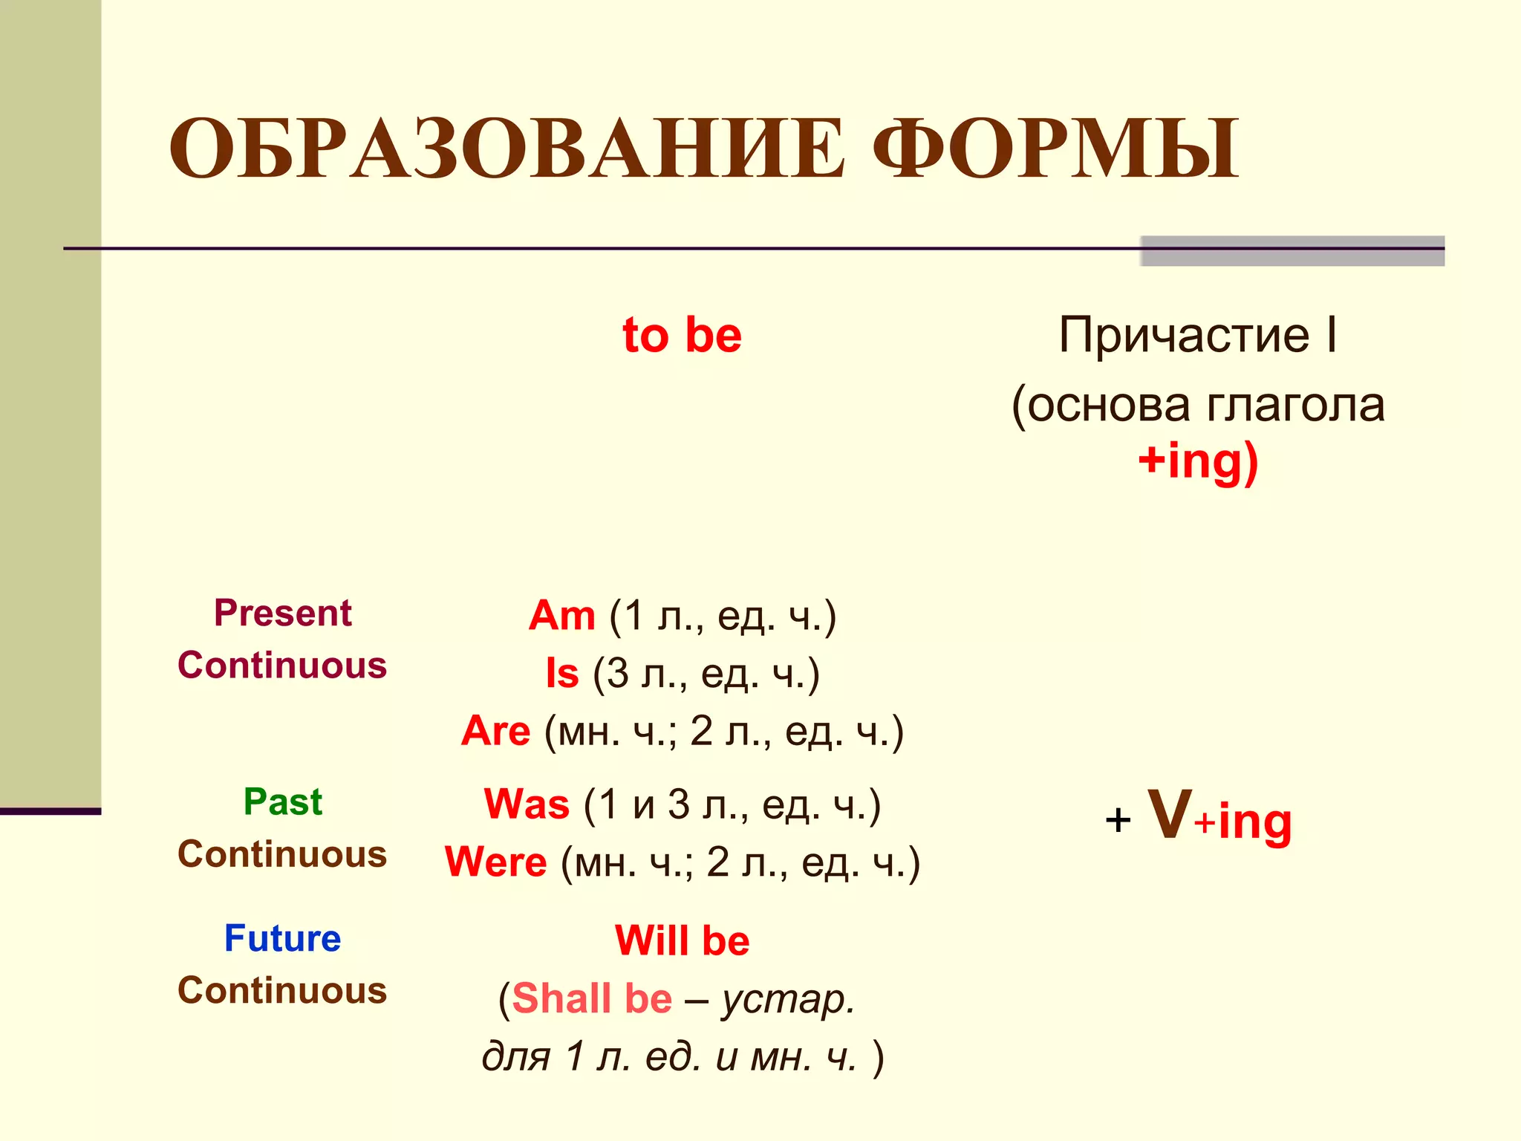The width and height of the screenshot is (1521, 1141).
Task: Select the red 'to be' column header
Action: pos(682,335)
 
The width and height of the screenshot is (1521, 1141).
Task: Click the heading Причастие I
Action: pos(1197,335)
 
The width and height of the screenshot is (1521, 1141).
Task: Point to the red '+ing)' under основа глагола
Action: pos(1198,461)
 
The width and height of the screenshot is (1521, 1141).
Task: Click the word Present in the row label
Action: pos(282,614)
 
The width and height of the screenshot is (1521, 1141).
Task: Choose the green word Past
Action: pos(282,802)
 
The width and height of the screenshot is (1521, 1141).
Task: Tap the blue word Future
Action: pos(282,938)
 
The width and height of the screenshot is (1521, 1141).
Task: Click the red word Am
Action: pos(561,616)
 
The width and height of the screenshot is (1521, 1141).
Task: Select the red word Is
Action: pos(561,674)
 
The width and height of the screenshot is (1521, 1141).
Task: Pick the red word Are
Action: pos(495,732)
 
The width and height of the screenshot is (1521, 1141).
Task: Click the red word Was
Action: pos(526,804)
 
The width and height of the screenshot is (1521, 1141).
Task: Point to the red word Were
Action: pos(495,862)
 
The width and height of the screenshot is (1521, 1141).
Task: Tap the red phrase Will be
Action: pos(682,941)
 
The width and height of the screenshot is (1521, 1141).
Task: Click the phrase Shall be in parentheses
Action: pos(591,998)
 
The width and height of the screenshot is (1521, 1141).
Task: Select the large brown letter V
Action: pos(1170,815)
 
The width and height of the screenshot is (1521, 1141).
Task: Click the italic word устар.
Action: pos(789,1000)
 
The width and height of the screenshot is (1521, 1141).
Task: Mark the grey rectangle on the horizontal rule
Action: pos(1292,251)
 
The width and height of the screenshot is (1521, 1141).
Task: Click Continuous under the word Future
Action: pos(282,991)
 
